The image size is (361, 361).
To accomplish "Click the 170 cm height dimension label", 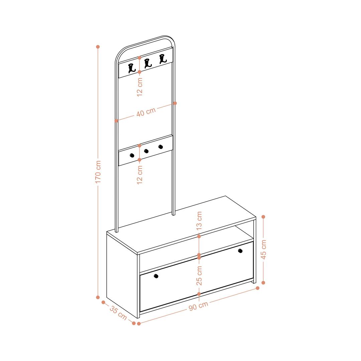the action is [x=98, y=172].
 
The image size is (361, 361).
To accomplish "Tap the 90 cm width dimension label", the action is [x=199, y=306].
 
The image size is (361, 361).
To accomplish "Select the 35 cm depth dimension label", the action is [x=118, y=313].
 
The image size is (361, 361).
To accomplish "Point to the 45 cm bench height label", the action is [x=264, y=250].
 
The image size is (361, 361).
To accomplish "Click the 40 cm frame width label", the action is [x=146, y=112].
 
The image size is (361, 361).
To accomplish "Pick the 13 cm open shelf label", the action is [x=199, y=221].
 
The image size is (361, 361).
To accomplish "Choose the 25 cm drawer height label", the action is [x=199, y=275].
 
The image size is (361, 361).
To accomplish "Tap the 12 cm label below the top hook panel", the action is [x=139, y=87].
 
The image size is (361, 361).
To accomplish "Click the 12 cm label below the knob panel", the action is [x=139, y=175].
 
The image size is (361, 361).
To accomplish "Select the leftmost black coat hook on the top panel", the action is [x=132, y=68].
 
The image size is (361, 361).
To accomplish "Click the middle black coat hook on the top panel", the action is [x=148, y=64].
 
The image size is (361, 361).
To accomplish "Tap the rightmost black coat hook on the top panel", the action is [x=163, y=59].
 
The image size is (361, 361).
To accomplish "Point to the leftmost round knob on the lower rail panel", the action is [x=132, y=155].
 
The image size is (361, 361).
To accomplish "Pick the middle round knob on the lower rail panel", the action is [x=146, y=151].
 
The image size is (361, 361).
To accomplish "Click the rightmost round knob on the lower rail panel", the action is [x=161, y=147].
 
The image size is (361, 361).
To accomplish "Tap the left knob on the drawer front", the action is [x=156, y=276].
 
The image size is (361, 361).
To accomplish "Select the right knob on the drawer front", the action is [x=240, y=251].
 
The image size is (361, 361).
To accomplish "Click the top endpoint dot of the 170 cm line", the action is [x=98, y=47].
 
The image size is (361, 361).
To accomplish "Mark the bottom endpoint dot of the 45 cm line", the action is [x=263, y=282].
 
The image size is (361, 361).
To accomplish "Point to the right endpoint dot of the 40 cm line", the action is [x=175, y=103].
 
